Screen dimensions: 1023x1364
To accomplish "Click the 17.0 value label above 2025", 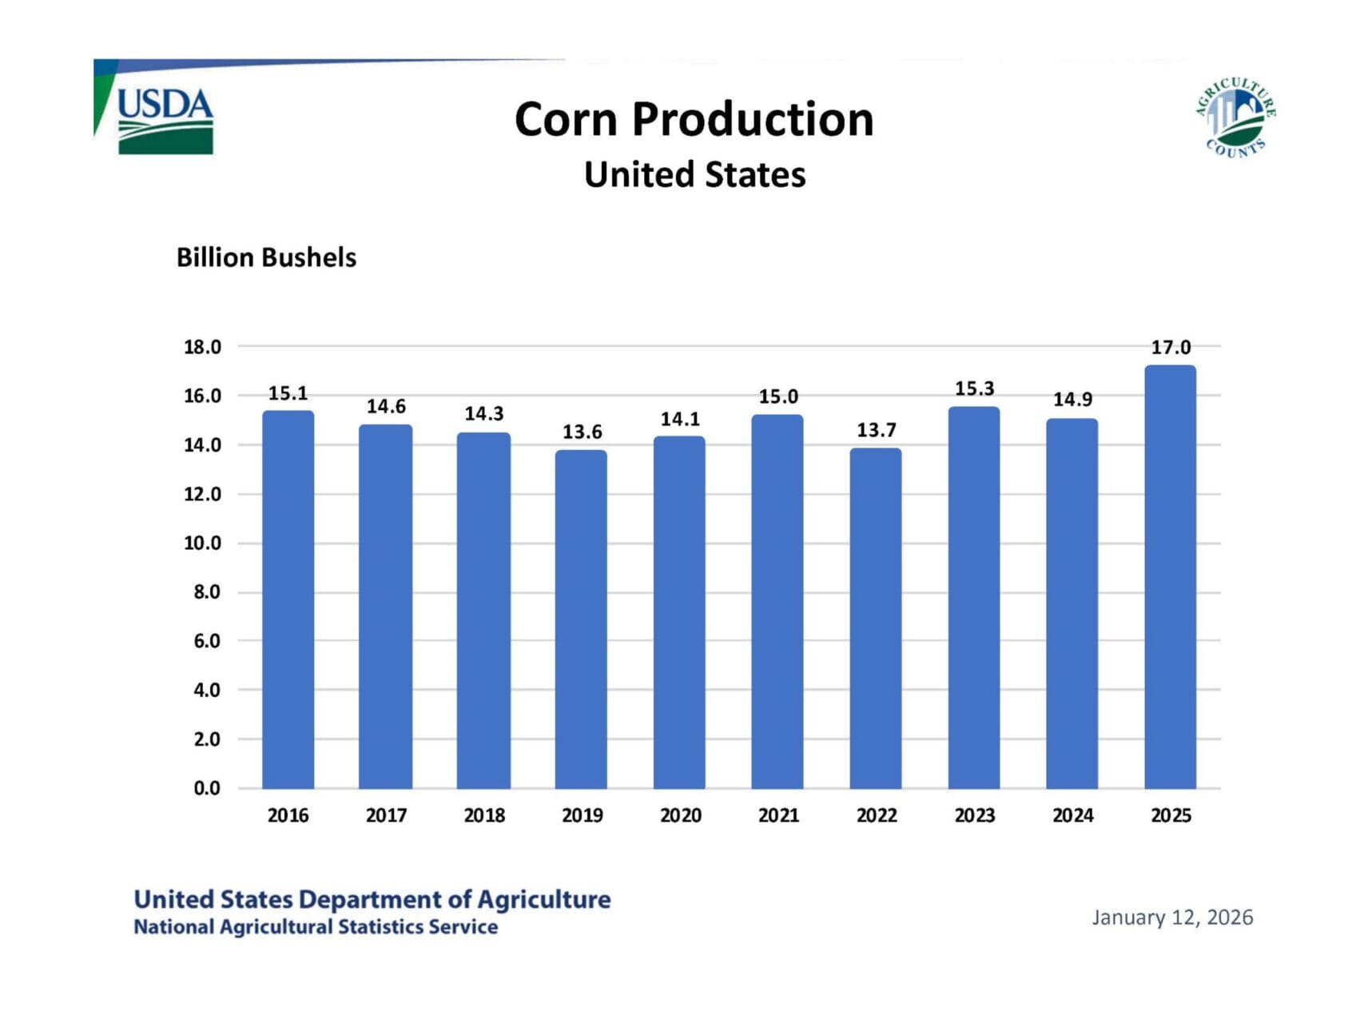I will tap(1171, 348).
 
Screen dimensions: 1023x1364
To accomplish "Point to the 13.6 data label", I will tap(582, 432).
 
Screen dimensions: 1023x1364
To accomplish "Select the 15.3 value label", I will tap(975, 389).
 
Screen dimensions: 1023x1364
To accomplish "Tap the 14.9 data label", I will tap(1072, 400).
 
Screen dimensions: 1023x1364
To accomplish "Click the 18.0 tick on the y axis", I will tap(202, 347).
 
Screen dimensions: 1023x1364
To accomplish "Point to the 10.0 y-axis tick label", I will tap(202, 543).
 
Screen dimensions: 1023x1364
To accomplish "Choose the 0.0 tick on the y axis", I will tap(206, 789).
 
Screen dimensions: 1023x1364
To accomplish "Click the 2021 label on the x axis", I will tap(778, 816).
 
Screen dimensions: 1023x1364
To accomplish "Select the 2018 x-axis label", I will tap(484, 816).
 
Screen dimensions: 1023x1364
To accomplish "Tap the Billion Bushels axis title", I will tap(266, 258).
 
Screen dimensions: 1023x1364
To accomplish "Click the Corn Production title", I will tap(694, 120).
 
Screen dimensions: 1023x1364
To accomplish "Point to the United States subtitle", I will tap(694, 175).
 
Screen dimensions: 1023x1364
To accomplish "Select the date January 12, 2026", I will tap(1172, 918).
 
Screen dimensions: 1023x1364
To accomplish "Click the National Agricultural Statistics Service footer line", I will tap(316, 927).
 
